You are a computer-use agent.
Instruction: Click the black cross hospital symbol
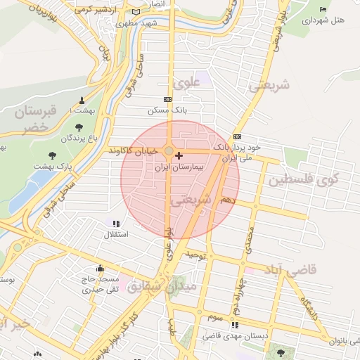(x=179, y=155)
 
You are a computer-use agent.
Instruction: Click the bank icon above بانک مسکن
(x=167, y=99)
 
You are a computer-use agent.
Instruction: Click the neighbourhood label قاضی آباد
(x=290, y=269)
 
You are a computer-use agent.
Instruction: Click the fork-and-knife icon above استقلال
(x=116, y=223)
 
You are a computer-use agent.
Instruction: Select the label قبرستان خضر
(x=27, y=119)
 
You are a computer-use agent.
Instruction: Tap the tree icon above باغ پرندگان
(x=77, y=127)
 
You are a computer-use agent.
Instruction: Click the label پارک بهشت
(x=53, y=166)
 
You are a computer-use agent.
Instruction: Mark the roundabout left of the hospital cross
(x=169, y=151)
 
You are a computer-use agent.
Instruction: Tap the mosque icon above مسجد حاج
(x=101, y=268)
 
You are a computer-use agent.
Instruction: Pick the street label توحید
(x=194, y=256)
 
